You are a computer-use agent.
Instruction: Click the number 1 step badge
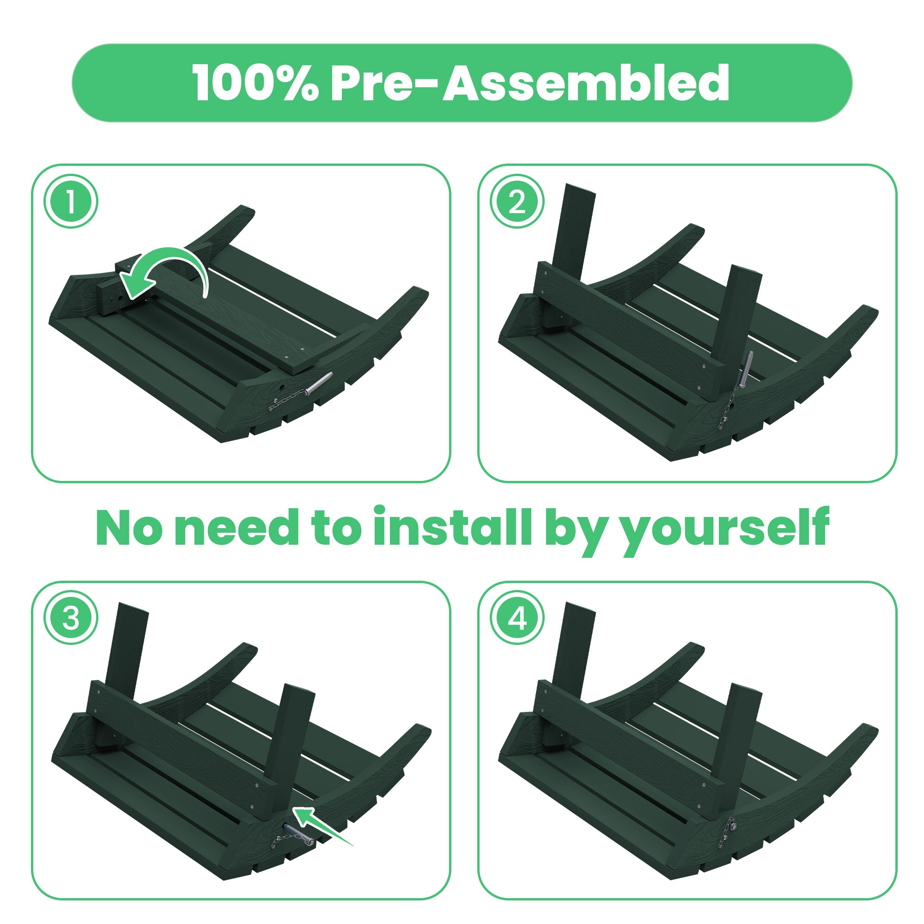(x=71, y=201)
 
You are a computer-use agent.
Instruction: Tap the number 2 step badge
(x=517, y=201)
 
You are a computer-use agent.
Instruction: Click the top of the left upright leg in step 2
(x=580, y=188)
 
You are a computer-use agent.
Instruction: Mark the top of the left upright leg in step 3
(x=133, y=607)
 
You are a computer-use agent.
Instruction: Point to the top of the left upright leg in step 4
(x=580, y=607)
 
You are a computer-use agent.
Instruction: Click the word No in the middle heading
(x=130, y=528)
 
